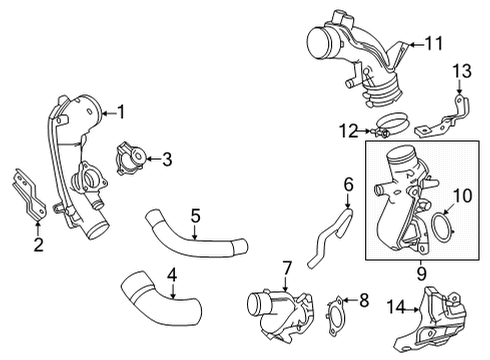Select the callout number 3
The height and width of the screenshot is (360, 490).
click(x=168, y=156)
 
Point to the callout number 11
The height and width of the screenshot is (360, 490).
click(x=432, y=44)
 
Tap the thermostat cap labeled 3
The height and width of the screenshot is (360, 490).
click(x=131, y=156)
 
